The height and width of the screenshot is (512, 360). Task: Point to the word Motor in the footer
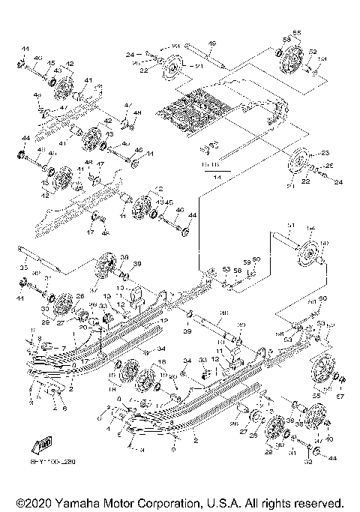[x=120, y=501]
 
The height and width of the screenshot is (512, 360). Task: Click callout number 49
[x=211, y=43]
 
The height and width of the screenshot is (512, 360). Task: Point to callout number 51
[x=291, y=225]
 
